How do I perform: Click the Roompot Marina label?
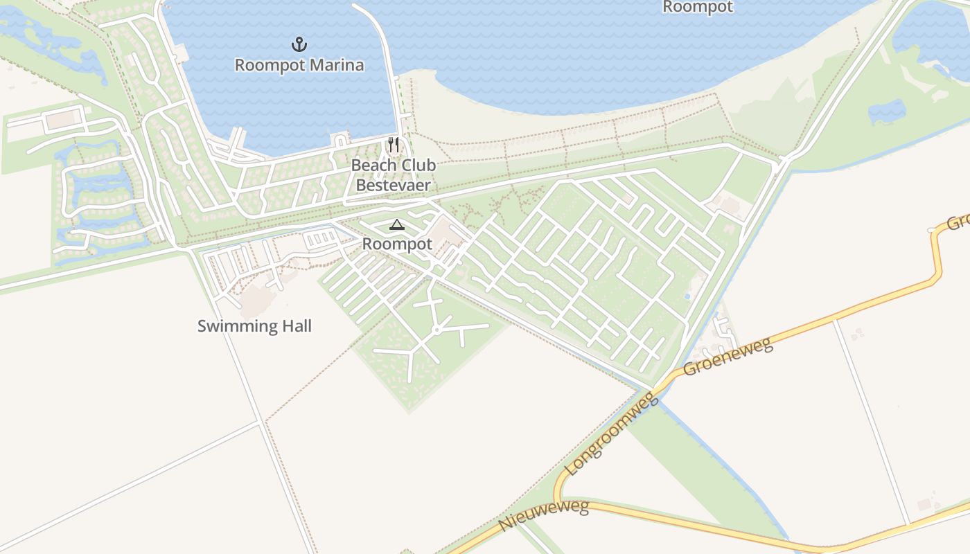click(x=299, y=65)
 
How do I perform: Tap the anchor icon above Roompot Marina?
click(x=299, y=45)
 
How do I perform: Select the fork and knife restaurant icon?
click(x=393, y=145)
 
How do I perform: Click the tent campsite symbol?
click(x=396, y=224)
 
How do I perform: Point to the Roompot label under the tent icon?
click(x=397, y=244)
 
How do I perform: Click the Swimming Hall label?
click(x=254, y=326)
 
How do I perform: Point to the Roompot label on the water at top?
click(x=698, y=7)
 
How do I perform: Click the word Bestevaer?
click(x=393, y=185)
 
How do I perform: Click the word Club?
click(x=420, y=166)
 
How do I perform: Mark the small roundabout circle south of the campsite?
click(x=436, y=330)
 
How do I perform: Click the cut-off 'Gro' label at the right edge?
click(x=958, y=222)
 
